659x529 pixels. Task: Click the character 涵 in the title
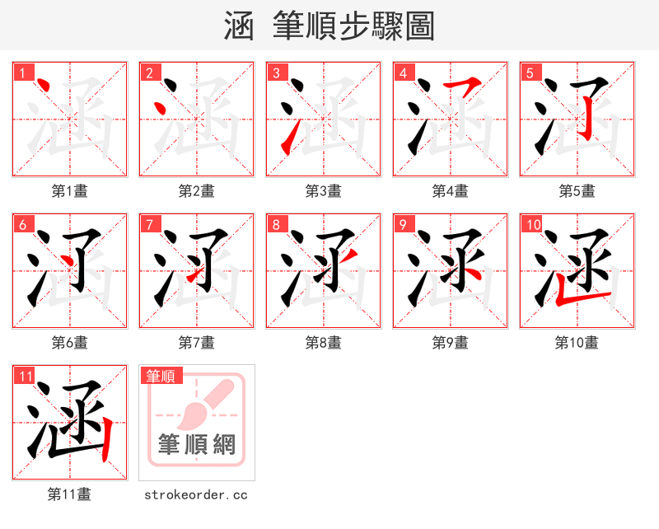tap(240, 26)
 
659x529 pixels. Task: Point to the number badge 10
tap(533, 225)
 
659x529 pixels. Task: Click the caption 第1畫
tap(69, 191)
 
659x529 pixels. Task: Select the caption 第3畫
tap(323, 191)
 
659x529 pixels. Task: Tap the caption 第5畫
tap(577, 191)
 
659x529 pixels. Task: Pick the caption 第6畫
tap(69, 343)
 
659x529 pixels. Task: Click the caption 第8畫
tap(323, 343)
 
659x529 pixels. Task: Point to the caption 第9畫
tap(450, 343)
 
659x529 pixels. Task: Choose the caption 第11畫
tap(69, 494)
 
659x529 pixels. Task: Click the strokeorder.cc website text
tap(196, 495)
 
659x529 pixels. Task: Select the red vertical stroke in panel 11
tap(106, 437)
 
